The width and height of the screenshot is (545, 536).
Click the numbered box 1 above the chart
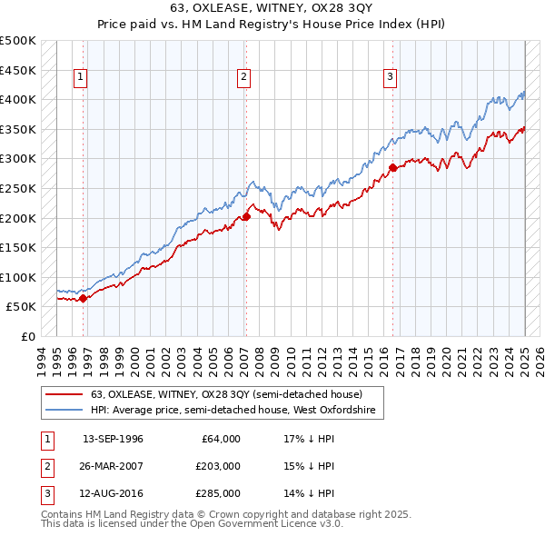pyautogui.click(x=81, y=78)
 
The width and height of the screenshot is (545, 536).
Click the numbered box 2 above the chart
pyautogui.click(x=244, y=78)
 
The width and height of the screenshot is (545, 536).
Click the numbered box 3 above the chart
pyautogui.click(x=390, y=78)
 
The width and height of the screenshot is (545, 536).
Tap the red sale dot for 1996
pyautogui.click(x=83, y=298)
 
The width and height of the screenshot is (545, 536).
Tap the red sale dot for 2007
pyautogui.click(x=246, y=217)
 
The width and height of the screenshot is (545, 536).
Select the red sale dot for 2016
pyautogui.click(x=392, y=168)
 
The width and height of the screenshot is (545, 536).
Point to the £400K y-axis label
pyautogui.click(x=18, y=100)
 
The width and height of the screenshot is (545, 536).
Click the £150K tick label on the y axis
pyautogui.click(x=18, y=247)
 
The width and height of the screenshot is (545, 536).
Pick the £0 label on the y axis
pyautogui.click(x=26, y=336)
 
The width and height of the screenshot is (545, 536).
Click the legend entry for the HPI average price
pyautogui.click(x=236, y=412)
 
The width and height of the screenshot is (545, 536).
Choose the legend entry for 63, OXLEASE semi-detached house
pyautogui.click(x=226, y=395)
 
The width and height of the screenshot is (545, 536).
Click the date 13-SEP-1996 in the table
pyautogui.click(x=113, y=439)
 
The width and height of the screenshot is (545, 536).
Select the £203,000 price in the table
pyautogui.click(x=218, y=466)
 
